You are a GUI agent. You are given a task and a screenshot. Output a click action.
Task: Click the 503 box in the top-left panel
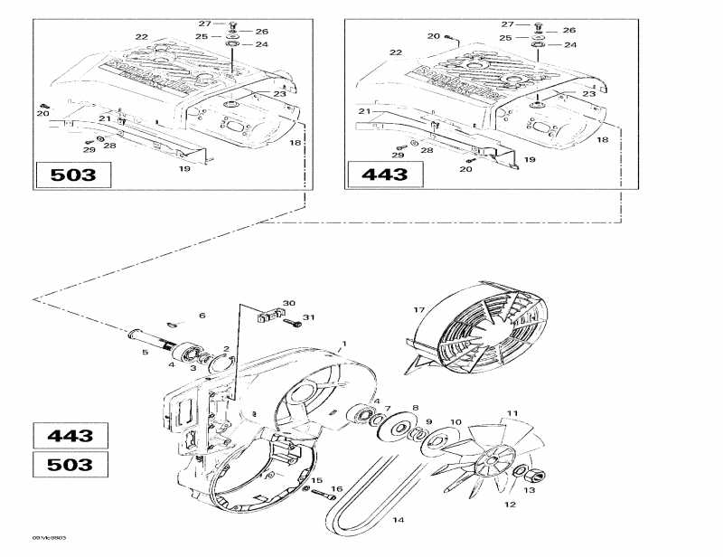tap(73, 175)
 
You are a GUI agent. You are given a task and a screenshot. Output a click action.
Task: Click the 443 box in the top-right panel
tap(385, 175)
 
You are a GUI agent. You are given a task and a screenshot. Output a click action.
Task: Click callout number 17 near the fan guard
tap(418, 310)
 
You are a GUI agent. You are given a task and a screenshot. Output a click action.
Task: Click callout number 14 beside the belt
tap(398, 520)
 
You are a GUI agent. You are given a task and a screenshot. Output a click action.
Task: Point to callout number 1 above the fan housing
tap(343, 345)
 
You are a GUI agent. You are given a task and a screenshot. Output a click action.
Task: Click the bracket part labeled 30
tap(268, 316)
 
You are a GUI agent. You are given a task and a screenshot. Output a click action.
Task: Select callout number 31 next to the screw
tap(308, 317)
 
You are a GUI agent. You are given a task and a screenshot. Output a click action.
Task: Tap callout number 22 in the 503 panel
tap(141, 36)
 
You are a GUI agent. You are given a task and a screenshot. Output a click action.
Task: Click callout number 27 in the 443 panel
tap(508, 24)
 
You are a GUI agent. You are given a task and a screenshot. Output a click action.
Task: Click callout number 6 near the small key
tap(202, 315)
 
